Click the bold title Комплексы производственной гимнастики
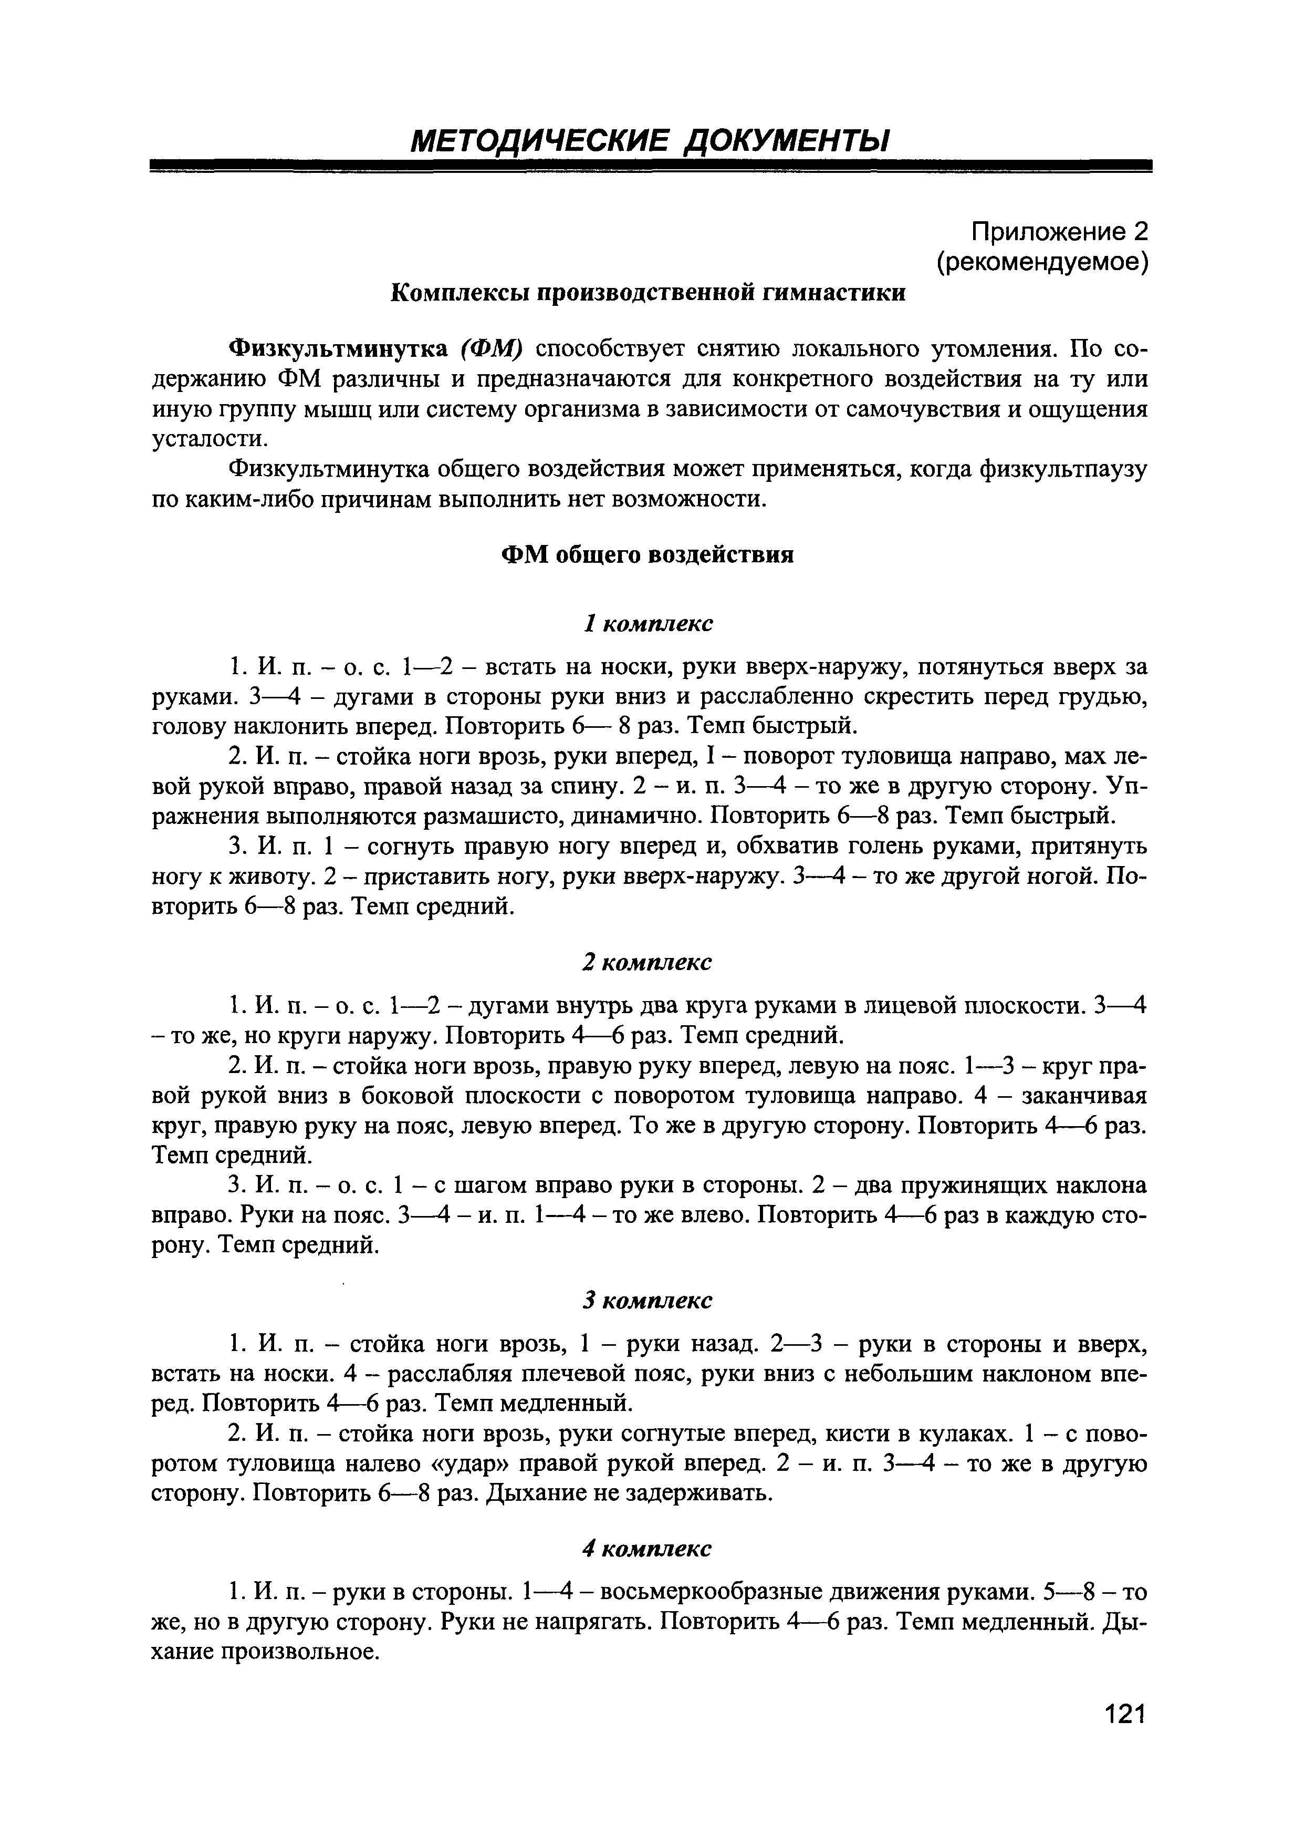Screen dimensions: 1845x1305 [x=647, y=293]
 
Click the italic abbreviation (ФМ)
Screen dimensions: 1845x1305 [x=492, y=349]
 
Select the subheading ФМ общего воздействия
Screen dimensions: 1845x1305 [x=647, y=555]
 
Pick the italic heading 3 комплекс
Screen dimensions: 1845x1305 [x=647, y=1300]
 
